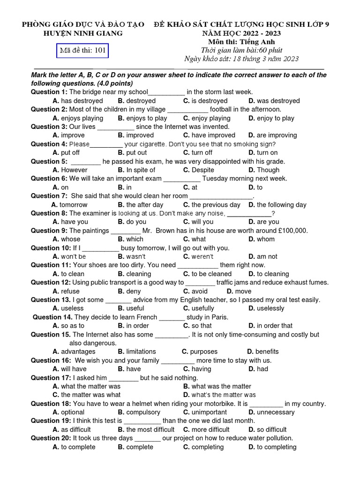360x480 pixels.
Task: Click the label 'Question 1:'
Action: click(x=49, y=92)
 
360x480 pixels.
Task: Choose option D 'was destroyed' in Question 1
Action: click(x=278, y=101)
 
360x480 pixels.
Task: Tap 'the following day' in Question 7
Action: click(x=281, y=205)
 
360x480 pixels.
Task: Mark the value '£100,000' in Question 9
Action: click(x=292, y=231)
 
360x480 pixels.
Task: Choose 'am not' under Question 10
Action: click(x=267, y=257)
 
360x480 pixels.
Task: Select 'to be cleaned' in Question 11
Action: click(x=211, y=274)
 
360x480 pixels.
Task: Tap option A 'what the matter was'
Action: click(x=90, y=387)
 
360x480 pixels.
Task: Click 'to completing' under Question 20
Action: click(x=277, y=447)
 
